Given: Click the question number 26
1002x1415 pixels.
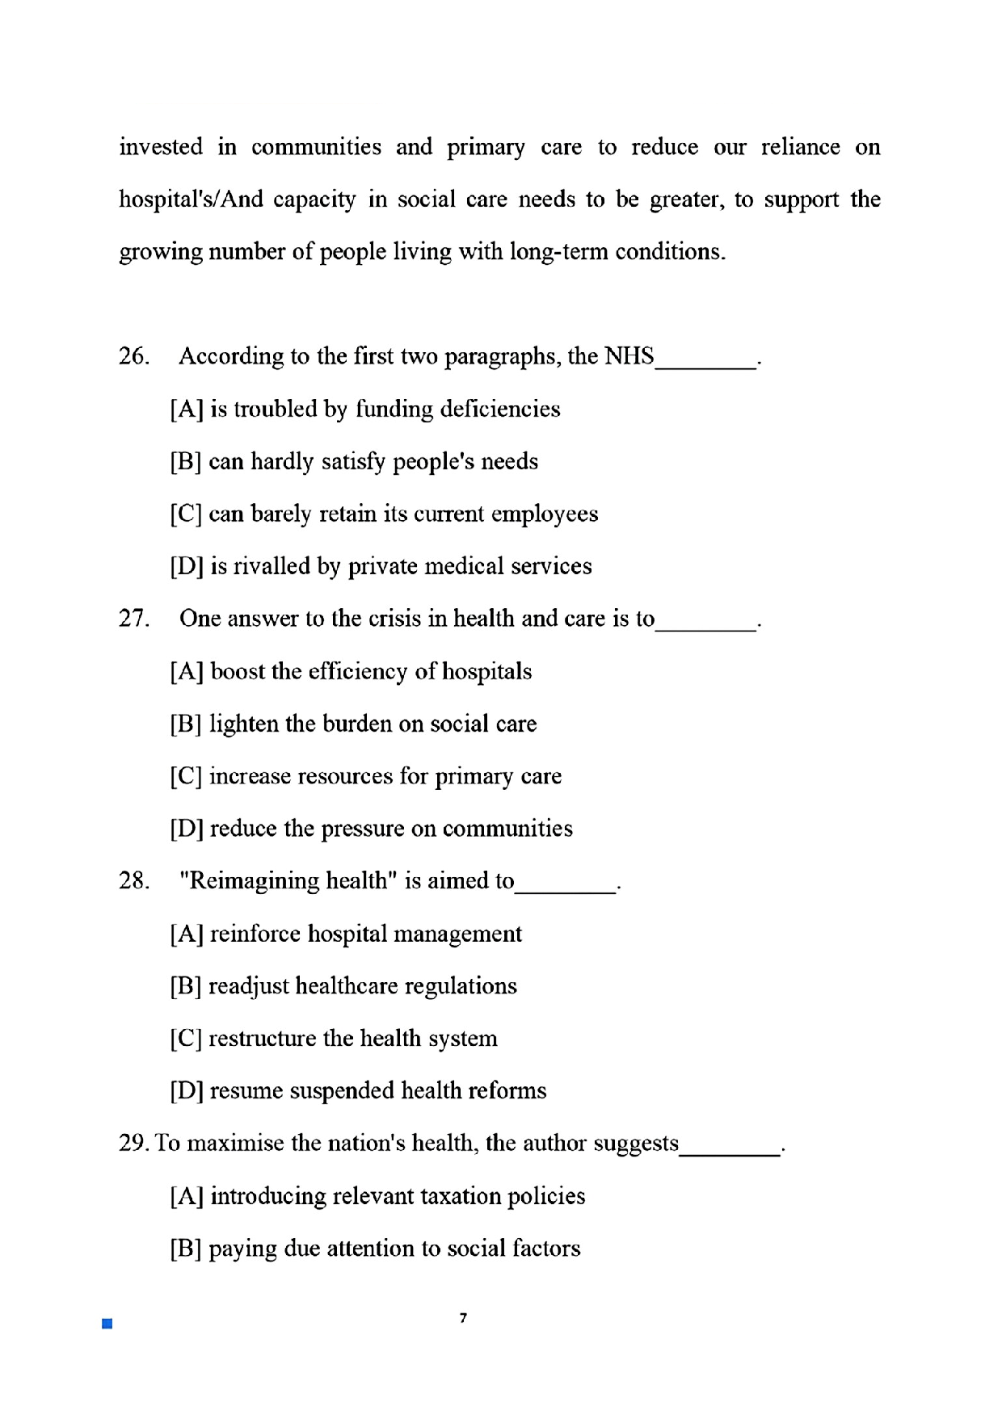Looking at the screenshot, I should (133, 356).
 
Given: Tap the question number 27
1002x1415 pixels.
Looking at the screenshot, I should (133, 619).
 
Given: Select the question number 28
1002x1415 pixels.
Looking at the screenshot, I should (133, 880).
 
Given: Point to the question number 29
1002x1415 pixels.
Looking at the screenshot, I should (133, 1143).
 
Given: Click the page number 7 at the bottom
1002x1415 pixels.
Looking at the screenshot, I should (463, 1318).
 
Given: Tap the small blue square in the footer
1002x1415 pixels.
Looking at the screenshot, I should (107, 1324).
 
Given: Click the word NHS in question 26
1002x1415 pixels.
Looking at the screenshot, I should (629, 356).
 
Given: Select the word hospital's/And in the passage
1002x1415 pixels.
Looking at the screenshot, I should (191, 199).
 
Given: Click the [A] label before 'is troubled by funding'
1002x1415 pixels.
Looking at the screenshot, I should (186, 409).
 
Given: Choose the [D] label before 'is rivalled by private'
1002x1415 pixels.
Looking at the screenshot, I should (186, 566).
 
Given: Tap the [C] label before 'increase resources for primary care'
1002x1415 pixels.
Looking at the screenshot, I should (186, 776).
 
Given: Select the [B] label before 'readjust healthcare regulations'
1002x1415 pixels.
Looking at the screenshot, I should (186, 986).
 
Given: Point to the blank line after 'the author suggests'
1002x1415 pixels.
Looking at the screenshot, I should (730, 1153).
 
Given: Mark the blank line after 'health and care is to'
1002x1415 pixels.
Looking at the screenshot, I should (706, 628).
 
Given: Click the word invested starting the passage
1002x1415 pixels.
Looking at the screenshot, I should (161, 147).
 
